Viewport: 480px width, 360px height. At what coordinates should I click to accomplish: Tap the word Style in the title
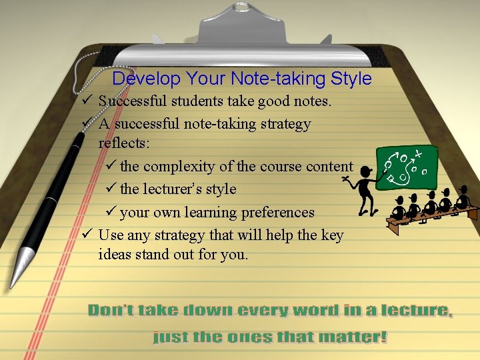[x=351, y=79]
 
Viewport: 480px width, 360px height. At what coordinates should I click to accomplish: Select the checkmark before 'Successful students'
[x=86, y=101]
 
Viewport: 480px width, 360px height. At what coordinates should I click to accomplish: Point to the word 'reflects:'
[x=125, y=143]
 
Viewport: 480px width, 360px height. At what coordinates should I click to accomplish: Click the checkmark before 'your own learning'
[x=111, y=212]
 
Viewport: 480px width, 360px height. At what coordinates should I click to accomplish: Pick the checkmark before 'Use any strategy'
[x=86, y=234]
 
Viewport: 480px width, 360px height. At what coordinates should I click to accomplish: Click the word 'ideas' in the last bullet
[x=115, y=254]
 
